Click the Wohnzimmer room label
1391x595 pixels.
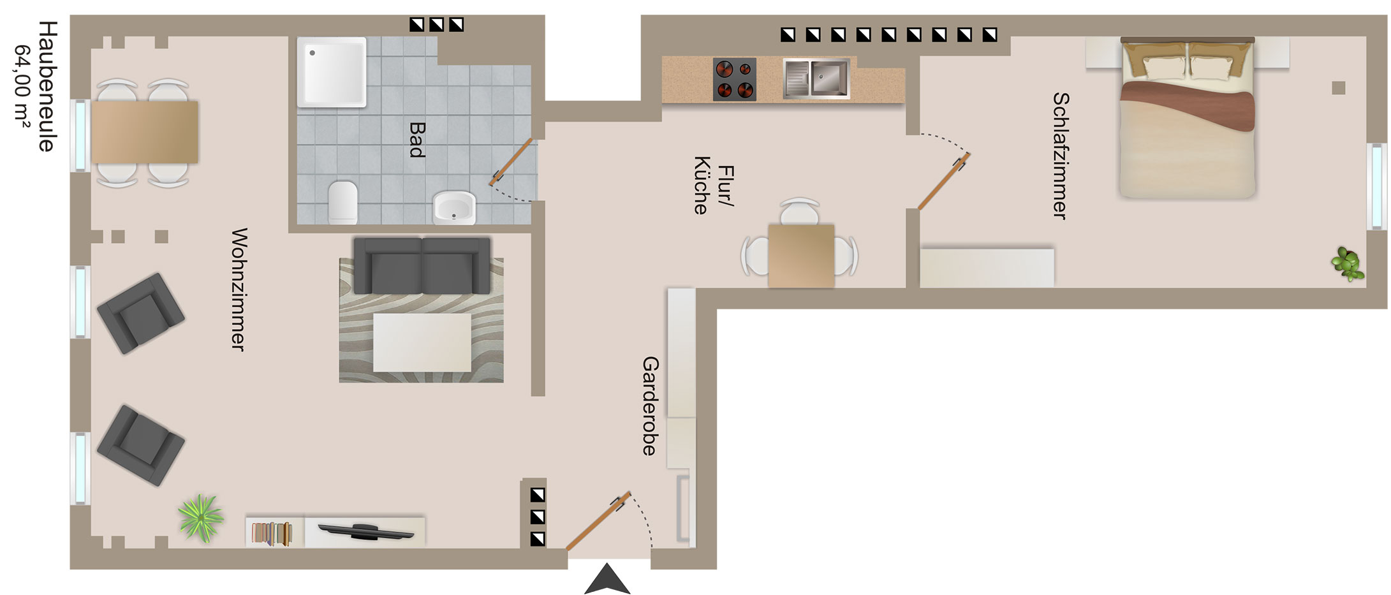pos(238,290)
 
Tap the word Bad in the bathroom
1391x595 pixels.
pos(416,140)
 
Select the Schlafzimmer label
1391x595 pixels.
pos(1060,156)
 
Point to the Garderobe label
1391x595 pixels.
pos(650,406)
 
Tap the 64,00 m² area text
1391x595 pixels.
pos(23,86)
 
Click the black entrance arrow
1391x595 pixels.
pos(607,578)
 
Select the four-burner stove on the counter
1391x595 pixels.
pos(735,79)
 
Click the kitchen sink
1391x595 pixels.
pos(816,78)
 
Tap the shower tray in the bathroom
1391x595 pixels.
pos(332,71)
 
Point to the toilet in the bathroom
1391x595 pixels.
pos(343,202)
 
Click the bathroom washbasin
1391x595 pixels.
pos(454,208)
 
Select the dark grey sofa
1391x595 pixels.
pos(422,265)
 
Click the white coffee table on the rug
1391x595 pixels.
pos(422,342)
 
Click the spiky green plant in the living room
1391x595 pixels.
pos(201,518)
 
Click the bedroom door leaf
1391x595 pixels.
pos(944,181)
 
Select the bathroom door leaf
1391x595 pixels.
pos(511,162)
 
